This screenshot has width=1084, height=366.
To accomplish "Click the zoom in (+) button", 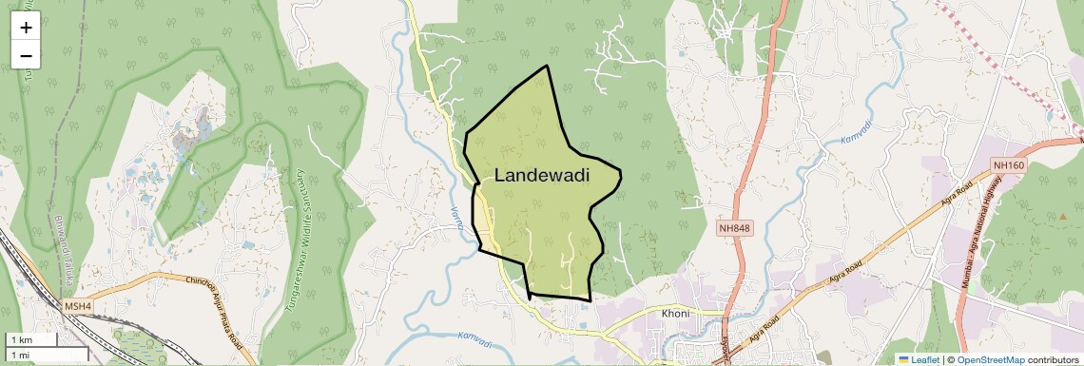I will tap(26, 28).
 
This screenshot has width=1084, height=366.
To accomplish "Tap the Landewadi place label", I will tap(542, 176).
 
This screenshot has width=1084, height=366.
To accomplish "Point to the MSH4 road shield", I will tap(78, 306).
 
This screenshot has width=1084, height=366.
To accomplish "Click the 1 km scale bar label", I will tap(21, 339).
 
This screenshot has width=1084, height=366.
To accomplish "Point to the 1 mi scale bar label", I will tap(20, 356).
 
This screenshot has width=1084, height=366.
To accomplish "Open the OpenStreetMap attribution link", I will tap(990, 360).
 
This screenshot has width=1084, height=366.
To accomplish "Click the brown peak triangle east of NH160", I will tap(1062, 217).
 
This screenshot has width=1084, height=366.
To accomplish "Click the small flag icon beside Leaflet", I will tap(903, 360).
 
